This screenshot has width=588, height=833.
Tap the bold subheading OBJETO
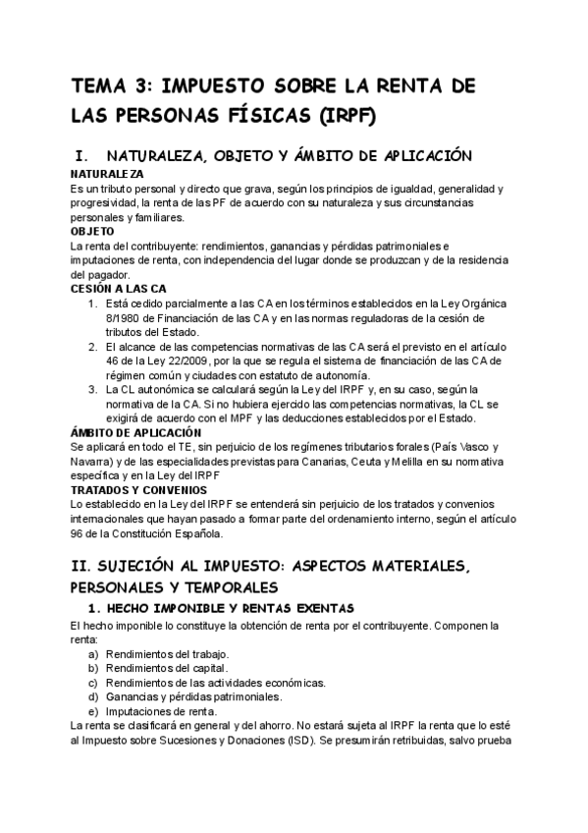coord(92,231)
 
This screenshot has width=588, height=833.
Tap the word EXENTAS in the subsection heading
coord(314,609)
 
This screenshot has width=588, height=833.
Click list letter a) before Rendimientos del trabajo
coord(94,653)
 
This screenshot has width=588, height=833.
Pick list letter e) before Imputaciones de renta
coord(94,710)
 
